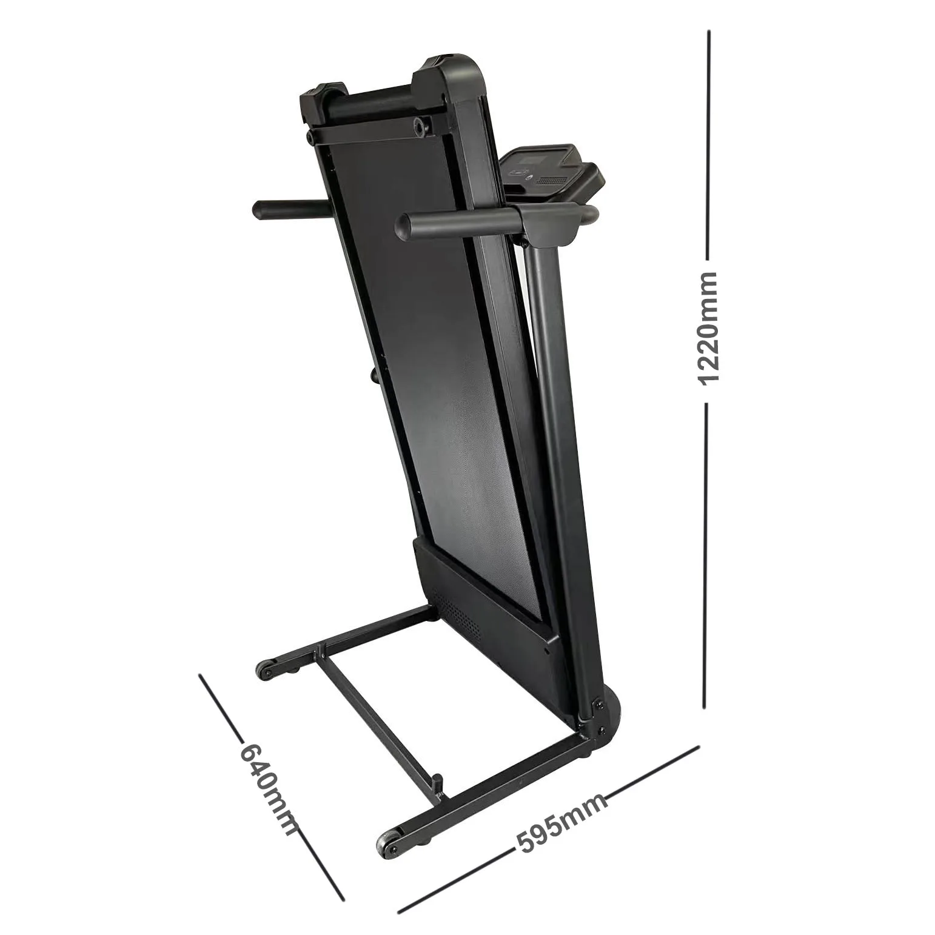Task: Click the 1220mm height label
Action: tap(707, 328)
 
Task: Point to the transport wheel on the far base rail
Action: tap(264, 671)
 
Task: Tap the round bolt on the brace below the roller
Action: tap(420, 126)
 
